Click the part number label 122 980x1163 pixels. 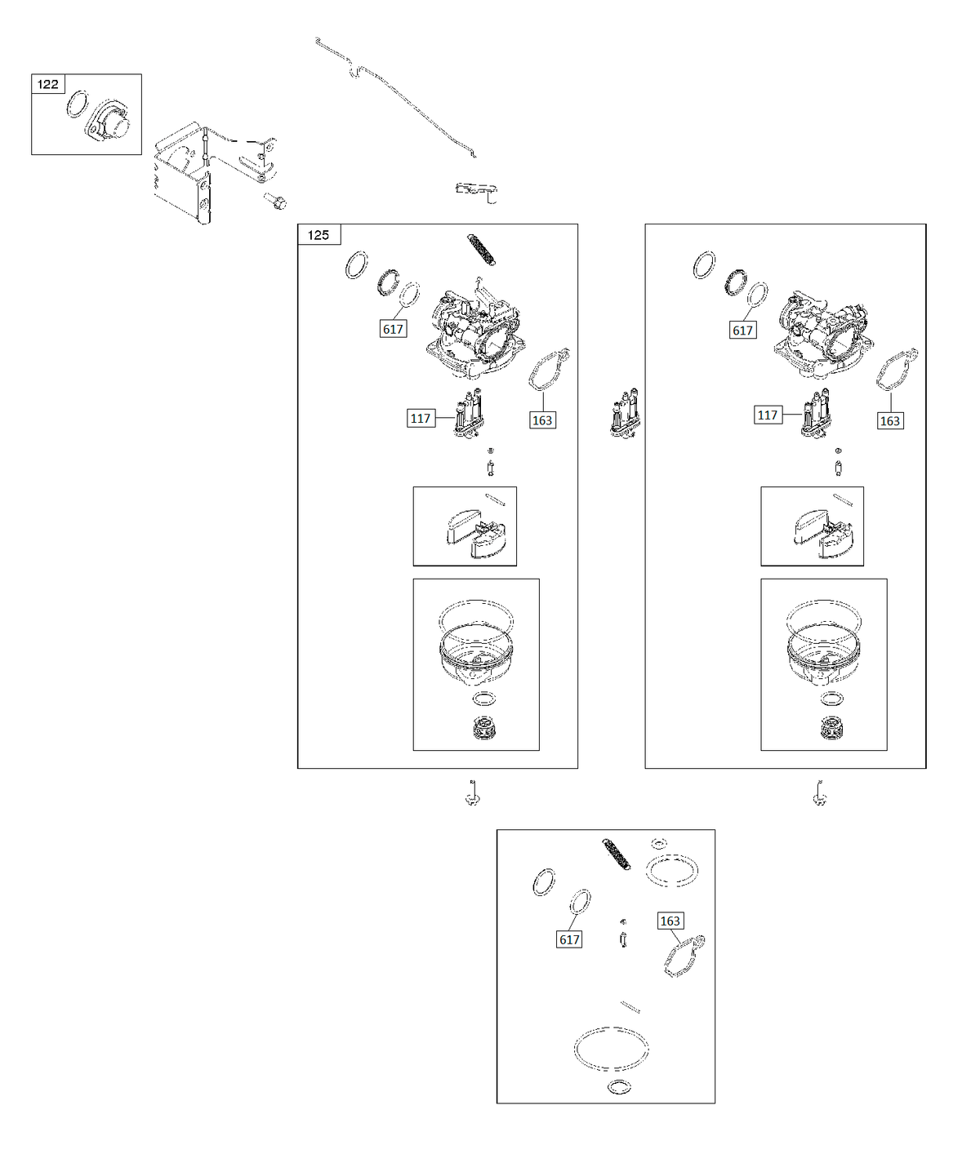pyautogui.click(x=48, y=84)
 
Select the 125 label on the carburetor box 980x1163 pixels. pyautogui.click(x=318, y=235)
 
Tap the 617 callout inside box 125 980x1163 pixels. pyautogui.click(x=393, y=329)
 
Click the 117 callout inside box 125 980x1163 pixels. pyautogui.click(x=421, y=419)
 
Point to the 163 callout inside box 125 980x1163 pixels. pyautogui.click(x=542, y=420)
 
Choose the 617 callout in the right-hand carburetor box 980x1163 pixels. pyautogui.click(x=742, y=331)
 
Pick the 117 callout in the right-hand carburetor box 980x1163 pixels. pyautogui.click(x=768, y=415)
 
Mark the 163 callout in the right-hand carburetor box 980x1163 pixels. pyautogui.click(x=889, y=420)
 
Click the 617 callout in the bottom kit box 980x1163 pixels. pyautogui.click(x=569, y=939)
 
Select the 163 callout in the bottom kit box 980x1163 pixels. pyautogui.click(x=670, y=921)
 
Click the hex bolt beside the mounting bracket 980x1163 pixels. pyautogui.click(x=275, y=201)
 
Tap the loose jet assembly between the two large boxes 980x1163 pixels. pyautogui.click(x=625, y=413)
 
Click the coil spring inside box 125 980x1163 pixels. pyautogui.click(x=482, y=250)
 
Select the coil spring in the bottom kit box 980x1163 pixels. pyautogui.click(x=617, y=854)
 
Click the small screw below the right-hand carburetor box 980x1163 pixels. pyautogui.click(x=819, y=792)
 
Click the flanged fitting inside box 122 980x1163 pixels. pyautogui.click(x=108, y=122)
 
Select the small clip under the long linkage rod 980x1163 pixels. pyautogui.click(x=477, y=192)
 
